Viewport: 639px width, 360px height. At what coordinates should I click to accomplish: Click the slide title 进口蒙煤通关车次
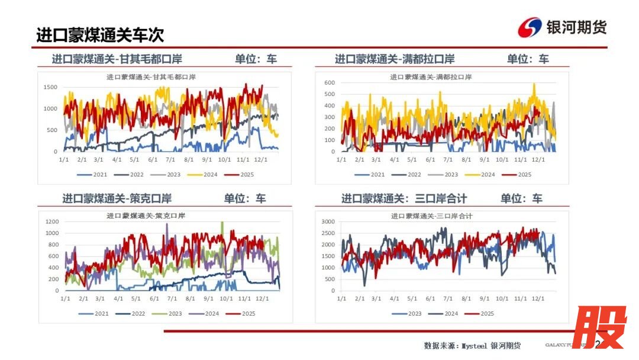pos(100,34)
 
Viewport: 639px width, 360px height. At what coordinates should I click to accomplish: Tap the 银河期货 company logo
pos(562,27)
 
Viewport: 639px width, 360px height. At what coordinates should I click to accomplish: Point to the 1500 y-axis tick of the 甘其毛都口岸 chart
pos(51,87)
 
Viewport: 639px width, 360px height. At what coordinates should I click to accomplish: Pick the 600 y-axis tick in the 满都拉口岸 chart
pos(330,83)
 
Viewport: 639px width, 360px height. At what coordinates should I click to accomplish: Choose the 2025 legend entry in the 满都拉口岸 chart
pos(517,175)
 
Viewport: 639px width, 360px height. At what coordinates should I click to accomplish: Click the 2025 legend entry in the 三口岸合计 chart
pos(479,313)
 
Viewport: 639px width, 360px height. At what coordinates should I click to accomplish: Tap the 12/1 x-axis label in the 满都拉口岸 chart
pos(538,159)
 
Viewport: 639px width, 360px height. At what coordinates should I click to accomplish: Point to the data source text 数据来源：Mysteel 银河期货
pos(472,345)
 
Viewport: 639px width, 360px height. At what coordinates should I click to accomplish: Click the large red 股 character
pos(599,328)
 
